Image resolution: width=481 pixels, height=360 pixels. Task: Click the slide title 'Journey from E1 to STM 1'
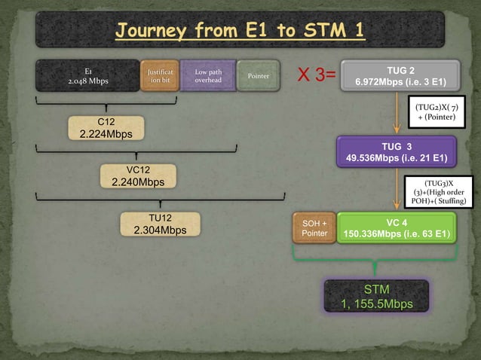coord(240,31)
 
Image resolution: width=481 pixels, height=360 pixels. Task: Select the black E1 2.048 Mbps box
coord(87,75)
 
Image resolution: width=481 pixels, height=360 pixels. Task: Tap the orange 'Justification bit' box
coord(159,75)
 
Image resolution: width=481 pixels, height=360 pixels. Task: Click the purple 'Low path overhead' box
coord(207,75)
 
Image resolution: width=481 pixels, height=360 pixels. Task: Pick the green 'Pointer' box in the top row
coord(259,75)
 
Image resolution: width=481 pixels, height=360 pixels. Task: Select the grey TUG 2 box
coord(400,75)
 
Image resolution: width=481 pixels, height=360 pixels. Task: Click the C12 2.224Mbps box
coord(106,128)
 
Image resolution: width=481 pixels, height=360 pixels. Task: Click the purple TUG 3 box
coord(396,151)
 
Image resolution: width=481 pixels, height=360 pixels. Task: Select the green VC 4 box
coord(397,228)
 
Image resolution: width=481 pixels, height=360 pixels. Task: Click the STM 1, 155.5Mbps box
coord(376,296)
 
